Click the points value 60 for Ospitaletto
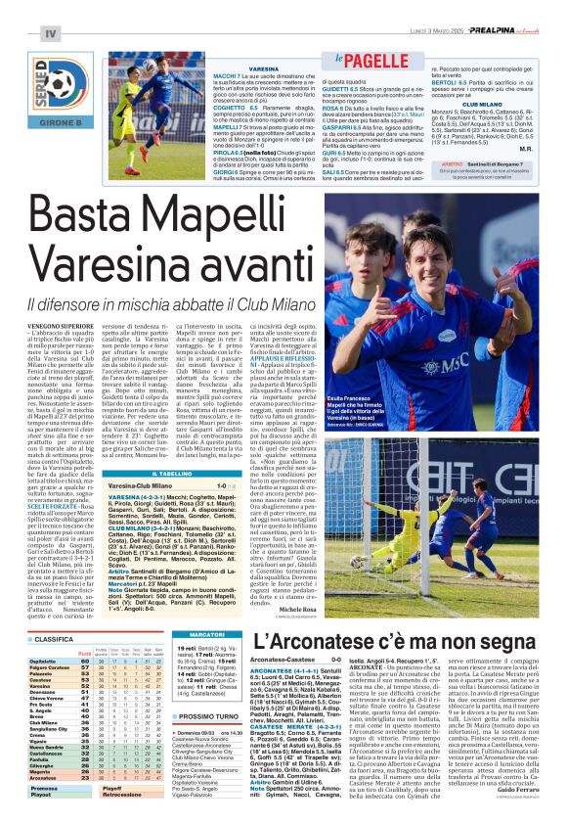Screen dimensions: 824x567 point(88,661)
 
